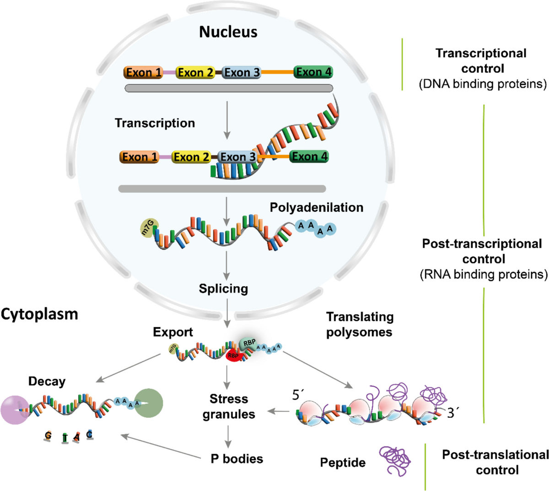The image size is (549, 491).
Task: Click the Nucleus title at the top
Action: pos(228,32)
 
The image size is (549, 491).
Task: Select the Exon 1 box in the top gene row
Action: pos(143,72)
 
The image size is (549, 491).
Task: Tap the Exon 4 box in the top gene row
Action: pos(313,72)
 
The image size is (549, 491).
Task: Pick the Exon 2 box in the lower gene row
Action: pos(191,157)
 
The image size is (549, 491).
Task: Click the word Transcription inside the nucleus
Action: pos(155,123)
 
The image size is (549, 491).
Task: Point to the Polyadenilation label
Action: pos(316,207)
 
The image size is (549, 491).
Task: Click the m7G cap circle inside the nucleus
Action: pos(149,228)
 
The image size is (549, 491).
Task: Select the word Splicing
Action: pos(223,289)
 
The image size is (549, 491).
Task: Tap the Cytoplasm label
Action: pos(39,314)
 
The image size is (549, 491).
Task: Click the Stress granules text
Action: pos(229,406)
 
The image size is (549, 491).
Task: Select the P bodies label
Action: pos(237,459)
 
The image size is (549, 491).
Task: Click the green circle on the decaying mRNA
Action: pos(149,403)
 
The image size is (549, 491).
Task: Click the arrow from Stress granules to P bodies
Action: pos(228,437)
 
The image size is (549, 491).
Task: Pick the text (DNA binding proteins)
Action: pos(483,84)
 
